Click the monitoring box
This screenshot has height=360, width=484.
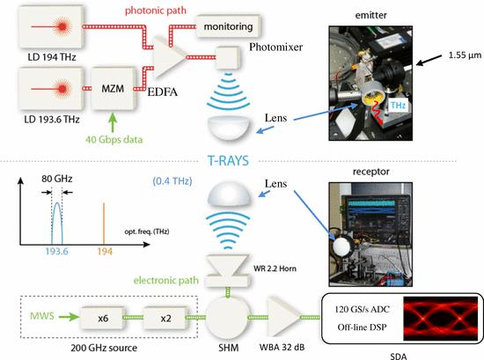point(228,26)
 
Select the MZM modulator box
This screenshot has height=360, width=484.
point(113,89)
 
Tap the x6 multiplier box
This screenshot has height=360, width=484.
point(103,318)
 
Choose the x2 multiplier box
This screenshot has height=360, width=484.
point(165,318)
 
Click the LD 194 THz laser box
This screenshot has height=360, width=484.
point(51,27)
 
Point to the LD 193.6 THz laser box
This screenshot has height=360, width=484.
point(51,89)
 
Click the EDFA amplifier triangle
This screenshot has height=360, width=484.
point(169,57)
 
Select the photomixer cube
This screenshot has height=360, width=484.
point(228,58)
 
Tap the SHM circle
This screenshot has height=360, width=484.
point(228,318)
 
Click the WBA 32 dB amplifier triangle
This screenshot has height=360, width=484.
point(284,318)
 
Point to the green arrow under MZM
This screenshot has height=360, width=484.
point(113,122)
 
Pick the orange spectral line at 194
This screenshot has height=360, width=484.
point(104,224)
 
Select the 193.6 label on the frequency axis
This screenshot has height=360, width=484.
point(57,252)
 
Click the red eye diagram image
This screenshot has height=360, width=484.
point(440,319)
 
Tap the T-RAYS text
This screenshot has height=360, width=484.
point(228,161)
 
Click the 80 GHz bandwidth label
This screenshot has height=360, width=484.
point(57,179)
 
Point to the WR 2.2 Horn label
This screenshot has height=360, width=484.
point(275,268)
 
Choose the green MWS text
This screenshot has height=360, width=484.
point(42,316)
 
